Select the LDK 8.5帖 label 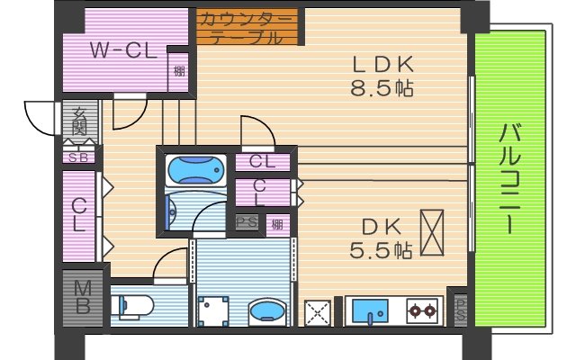[382, 76]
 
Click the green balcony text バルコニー [510, 180]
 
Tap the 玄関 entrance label [79, 121]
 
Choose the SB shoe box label [78, 157]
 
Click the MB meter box [82, 298]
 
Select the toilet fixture [133, 306]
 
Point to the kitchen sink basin [370, 311]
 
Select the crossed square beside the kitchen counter [318, 311]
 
